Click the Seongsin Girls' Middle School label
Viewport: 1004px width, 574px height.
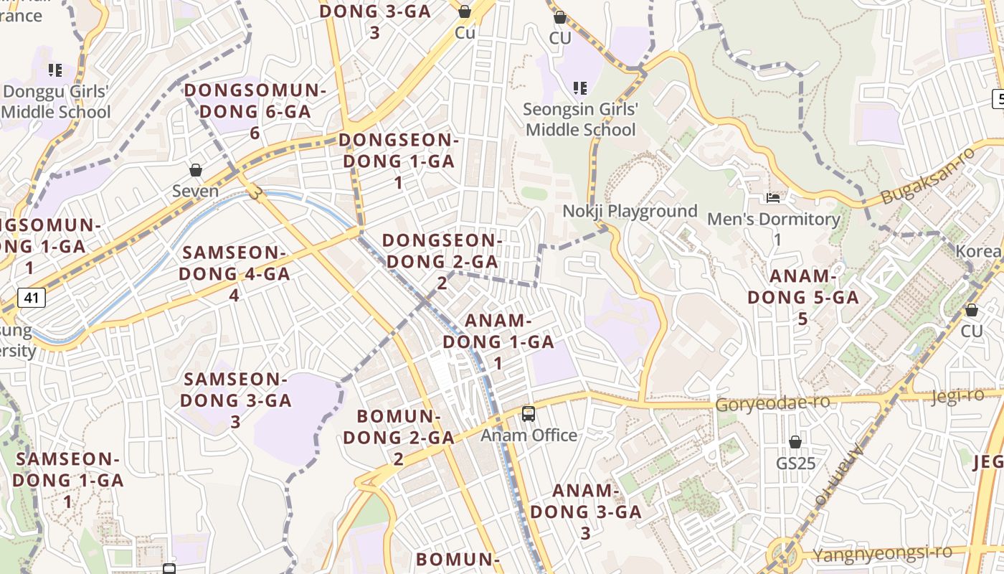(580, 120)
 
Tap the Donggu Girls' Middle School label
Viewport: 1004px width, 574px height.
(56, 102)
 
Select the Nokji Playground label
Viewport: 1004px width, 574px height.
(630, 211)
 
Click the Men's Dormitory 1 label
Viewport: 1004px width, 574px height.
(773, 228)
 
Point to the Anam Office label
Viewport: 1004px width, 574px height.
(529, 435)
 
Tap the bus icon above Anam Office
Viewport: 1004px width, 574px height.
(529, 413)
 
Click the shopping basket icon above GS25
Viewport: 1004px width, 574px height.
(795, 442)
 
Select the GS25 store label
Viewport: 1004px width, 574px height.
(795, 464)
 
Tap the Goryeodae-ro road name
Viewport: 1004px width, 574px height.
(773, 403)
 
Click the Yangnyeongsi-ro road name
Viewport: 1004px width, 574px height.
(882, 553)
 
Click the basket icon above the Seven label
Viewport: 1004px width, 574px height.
(196, 170)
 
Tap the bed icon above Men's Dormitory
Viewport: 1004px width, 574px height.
(773, 197)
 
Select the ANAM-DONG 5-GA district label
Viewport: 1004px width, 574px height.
(803, 297)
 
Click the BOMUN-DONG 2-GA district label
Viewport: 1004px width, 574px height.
(399, 437)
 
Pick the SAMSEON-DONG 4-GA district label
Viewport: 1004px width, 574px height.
(234, 273)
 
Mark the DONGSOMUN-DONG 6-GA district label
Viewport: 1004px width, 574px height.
(255, 111)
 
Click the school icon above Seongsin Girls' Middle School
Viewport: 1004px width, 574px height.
(580, 88)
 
